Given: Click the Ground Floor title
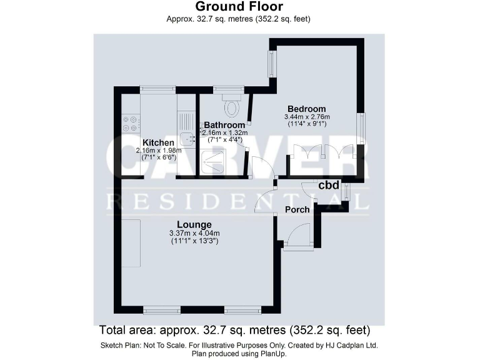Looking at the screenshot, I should [239, 7].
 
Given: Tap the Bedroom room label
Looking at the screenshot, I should [307, 108].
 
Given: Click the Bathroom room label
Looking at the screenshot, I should [224, 125].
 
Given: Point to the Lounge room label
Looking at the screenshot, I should [194, 224].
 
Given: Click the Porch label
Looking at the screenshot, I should [297, 209].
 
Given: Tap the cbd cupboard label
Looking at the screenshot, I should [329, 186].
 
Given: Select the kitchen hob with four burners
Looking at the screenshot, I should [131, 123].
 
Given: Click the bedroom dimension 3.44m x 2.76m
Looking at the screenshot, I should [307, 117].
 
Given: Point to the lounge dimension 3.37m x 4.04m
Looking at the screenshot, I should [194, 234].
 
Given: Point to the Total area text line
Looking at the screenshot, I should [235, 329].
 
